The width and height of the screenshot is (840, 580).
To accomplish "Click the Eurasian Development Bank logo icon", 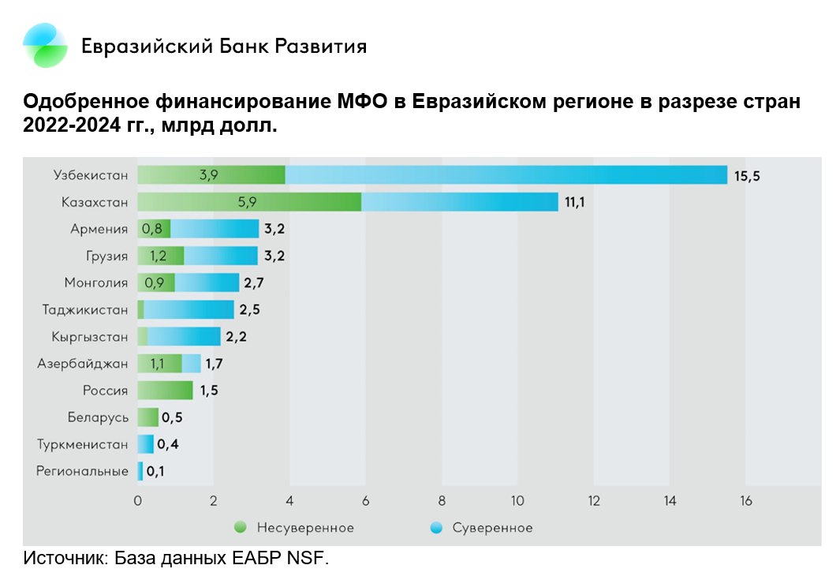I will [x=45, y=45].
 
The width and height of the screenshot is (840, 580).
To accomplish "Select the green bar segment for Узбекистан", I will [x=211, y=175].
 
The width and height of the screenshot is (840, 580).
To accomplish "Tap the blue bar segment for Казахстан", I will [x=459, y=202].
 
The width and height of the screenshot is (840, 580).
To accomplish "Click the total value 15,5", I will [x=747, y=176].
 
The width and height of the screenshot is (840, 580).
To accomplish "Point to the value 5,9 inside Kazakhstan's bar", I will [x=248, y=202].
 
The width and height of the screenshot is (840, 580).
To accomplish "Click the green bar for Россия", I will [x=165, y=391].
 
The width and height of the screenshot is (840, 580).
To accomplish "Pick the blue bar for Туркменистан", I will [x=145, y=444].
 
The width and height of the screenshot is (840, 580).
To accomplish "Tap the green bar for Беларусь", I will [x=147, y=417].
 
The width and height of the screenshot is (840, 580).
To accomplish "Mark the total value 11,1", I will [x=576, y=203].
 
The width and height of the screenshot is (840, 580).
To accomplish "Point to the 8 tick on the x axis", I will [x=442, y=500].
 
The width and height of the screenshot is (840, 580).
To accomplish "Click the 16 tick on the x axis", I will [x=745, y=500].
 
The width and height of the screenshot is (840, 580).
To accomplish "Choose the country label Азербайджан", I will [x=82, y=364].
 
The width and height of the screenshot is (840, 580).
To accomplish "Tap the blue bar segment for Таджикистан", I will [x=189, y=310].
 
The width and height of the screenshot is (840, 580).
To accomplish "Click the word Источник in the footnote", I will [x=63, y=559].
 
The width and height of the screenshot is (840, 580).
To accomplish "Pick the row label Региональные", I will [x=82, y=471].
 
